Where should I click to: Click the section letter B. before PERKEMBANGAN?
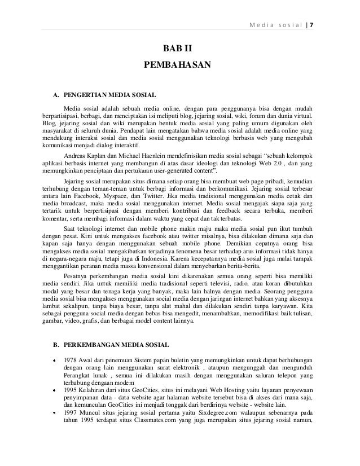[55, 343]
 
